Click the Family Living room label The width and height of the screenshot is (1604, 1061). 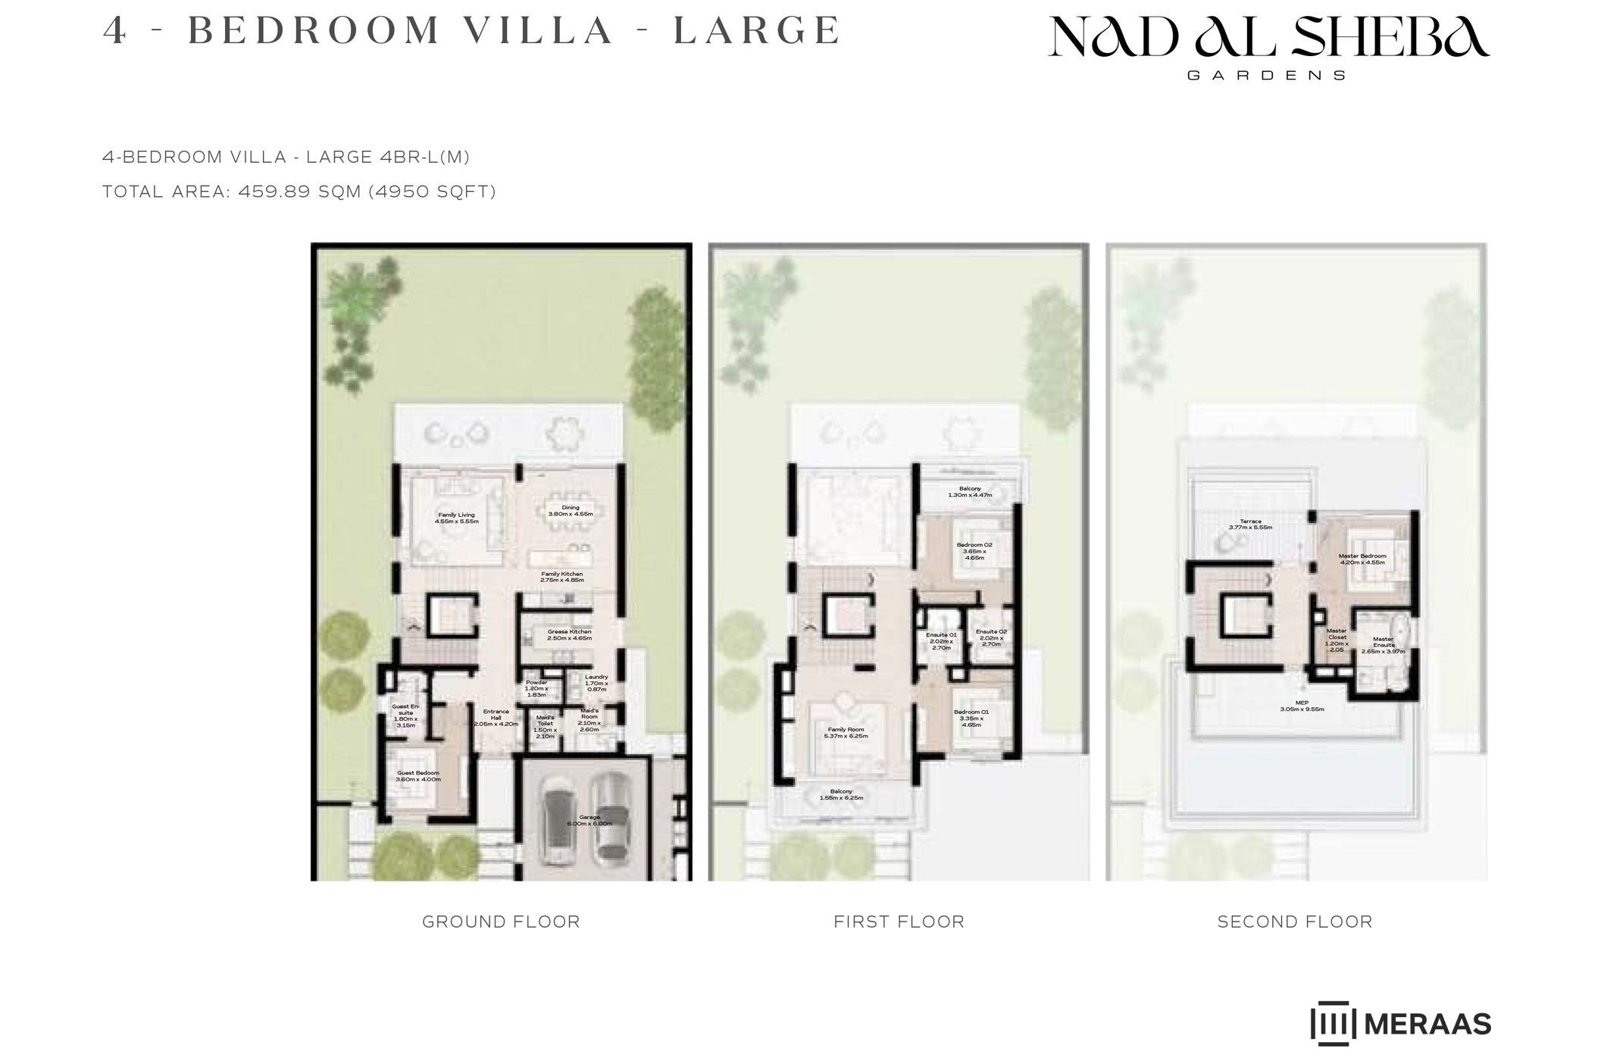[x=456, y=518]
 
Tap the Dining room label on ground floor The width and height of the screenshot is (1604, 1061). [x=570, y=511]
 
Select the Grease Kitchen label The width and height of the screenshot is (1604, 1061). [x=569, y=635]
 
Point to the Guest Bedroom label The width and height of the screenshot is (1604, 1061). [x=418, y=776]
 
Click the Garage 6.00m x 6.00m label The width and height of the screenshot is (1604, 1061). [x=589, y=820]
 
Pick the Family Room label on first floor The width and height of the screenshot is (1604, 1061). [x=846, y=732]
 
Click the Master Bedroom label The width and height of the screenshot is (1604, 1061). [x=1362, y=559]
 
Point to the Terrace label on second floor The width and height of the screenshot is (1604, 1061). [x=1250, y=524]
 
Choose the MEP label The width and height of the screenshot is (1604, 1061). [x=1302, y=706]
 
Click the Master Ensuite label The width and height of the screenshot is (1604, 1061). [x=1383, y=645]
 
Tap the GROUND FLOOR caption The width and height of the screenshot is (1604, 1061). [x=501, y=922]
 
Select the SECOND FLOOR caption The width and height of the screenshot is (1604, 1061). [x=1295, y=922]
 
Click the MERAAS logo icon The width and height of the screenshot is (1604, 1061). [x=1333, y=1024]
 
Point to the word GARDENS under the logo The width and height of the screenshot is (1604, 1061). [x=1266, y=76]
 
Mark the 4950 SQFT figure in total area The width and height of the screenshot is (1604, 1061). [x=432, y=192]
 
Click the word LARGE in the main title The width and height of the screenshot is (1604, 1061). [x=757, y=30]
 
